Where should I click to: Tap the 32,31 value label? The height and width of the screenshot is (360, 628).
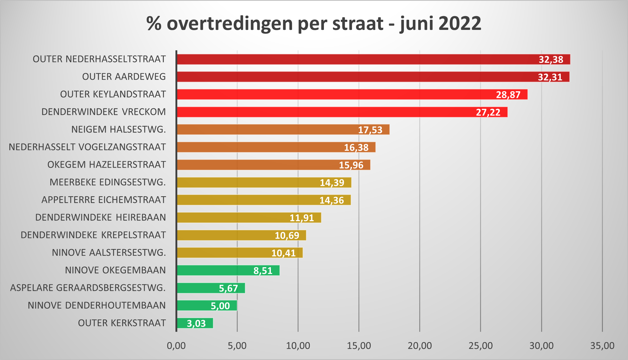(550, 77)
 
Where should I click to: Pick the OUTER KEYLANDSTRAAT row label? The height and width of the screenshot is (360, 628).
(113, 94)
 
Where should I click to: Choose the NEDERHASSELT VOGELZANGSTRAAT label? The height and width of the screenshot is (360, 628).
(87, 147)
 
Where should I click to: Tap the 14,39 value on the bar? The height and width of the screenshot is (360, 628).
(332, 183)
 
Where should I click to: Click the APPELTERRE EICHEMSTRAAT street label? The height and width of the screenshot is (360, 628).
(103, 200)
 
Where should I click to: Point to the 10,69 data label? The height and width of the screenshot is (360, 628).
(287, 235)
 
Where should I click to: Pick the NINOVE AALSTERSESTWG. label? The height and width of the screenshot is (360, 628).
(109, 253)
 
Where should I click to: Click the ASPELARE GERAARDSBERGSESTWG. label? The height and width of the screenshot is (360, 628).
(88, 288)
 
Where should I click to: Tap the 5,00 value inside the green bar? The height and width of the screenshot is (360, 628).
(220, 306)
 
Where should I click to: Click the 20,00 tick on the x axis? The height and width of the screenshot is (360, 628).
(420, 346)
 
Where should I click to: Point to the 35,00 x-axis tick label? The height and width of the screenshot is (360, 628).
(602, 346)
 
